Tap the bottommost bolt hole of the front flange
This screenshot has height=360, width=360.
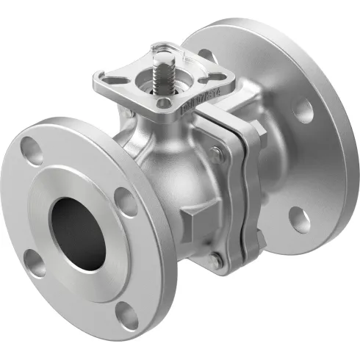click(129, 315)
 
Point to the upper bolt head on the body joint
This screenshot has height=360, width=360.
click(215, 155)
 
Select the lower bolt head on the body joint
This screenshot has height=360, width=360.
click(212, 258)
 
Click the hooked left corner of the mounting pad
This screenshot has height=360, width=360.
click(98, 76)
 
